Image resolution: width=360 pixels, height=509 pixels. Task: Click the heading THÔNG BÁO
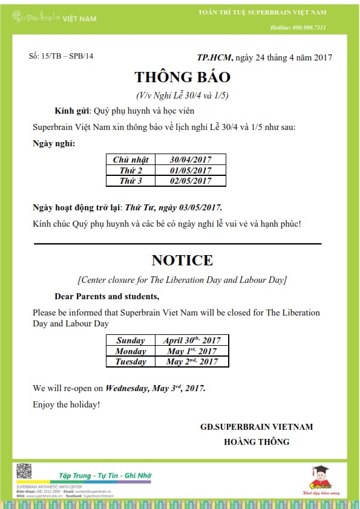click(x=182, y=77)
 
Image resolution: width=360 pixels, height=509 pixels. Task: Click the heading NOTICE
click(x=182, y=261)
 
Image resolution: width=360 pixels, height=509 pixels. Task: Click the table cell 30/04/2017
click(x=191, y=160)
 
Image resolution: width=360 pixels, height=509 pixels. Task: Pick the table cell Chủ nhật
click(x=131, y=160)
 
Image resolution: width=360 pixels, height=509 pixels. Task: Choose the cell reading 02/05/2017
click(x=191, y=181)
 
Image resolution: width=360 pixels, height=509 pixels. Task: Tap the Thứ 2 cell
click(x=131, y=170)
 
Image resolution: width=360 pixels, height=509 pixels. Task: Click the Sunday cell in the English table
click(x=131, y=340)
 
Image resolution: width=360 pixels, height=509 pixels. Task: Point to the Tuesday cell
click(x=131, y=361)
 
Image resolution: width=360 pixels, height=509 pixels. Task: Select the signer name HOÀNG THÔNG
click(x=256, y=442)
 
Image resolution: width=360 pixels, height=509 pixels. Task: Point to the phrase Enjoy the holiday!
click(x=67, y=404)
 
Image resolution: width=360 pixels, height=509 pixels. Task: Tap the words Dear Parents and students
click(x=107, y=296)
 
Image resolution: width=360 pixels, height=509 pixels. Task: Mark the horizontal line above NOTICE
click(x=177, y=244)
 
